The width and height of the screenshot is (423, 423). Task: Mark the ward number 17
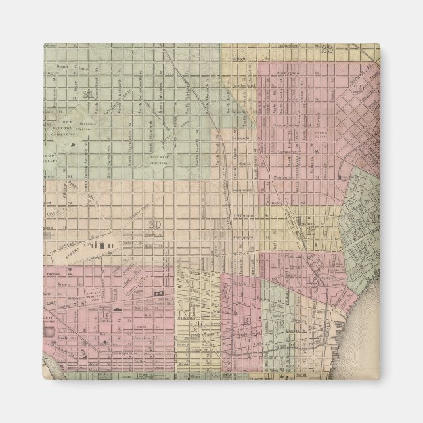click(310, 231)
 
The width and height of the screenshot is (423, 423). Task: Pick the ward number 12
click(280, 323)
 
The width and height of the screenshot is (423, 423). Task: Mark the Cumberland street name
click(244, 86)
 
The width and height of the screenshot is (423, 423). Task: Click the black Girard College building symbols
click(108, 245)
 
